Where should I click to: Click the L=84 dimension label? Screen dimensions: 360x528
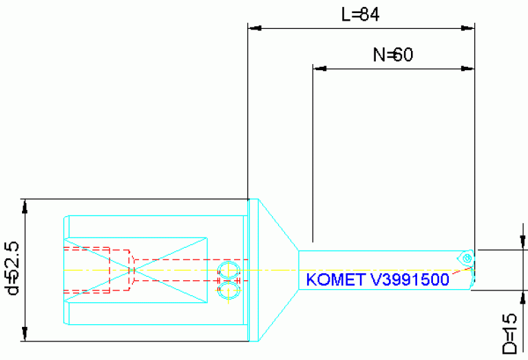pyautogui.click(x=361, y=14)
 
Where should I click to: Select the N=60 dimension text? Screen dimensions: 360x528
pyautogui.click(x=392, y=55)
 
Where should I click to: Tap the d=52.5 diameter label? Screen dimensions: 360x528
pyautogui.click(x=12, y=268)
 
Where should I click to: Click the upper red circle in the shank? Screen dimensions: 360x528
pyautogui.click(x=228, y=269)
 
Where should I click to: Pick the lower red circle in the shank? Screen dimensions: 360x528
pyautogui.click(x=228, y=291)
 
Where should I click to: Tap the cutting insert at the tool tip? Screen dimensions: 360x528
pyautogui.click(x=466, y=258)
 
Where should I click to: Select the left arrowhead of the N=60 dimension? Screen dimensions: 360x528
pyautogui.click(x=319, y=68)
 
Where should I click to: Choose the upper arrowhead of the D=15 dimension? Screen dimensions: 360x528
pyautogui.click(x=521, y=244)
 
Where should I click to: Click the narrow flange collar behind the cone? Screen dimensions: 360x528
pyautogui.click(x=253, y=270)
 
